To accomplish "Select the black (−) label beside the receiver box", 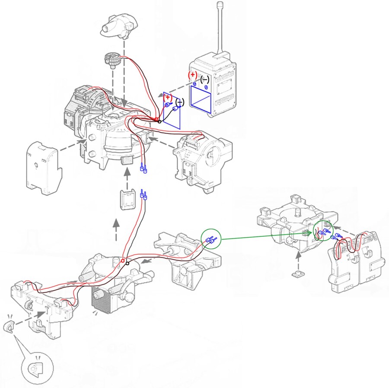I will click(204, 80).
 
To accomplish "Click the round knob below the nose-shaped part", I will click(112, 60).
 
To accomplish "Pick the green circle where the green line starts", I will click(211, 239).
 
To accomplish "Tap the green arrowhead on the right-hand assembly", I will click(310, 233).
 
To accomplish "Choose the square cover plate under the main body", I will click(128, 201).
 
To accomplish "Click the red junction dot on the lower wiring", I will click(123, 261).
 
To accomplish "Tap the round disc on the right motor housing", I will click(214, 157).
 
